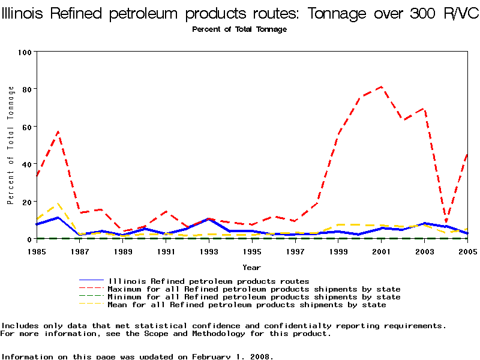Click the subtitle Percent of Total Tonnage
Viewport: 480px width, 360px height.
tap(239, 29)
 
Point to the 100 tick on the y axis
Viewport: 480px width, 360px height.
tap(24, 52)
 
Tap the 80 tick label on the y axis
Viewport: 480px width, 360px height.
tap(26, 89)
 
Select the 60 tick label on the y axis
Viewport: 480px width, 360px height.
tap(26, 127)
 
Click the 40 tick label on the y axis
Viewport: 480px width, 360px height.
tap(26, 164)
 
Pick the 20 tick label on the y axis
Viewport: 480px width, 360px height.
tap(26, 202)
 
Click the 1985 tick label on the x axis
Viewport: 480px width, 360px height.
tap(37, 251)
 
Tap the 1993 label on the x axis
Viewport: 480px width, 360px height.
tap(209, 251)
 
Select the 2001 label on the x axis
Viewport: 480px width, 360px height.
tap(381, 251)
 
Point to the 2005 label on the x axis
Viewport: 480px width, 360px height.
tap(466, 251)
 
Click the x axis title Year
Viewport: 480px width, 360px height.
tap(251, 267)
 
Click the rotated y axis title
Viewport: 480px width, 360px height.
tap(11, 145)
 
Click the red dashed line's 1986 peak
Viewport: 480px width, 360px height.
tap(58, 131)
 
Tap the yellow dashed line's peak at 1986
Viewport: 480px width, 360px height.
tap(58, 204)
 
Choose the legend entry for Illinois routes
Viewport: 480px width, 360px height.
tap(209, 281)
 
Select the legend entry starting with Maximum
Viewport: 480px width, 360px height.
tap(254, 289)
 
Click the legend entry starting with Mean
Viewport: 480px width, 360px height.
tap(247, 305)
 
